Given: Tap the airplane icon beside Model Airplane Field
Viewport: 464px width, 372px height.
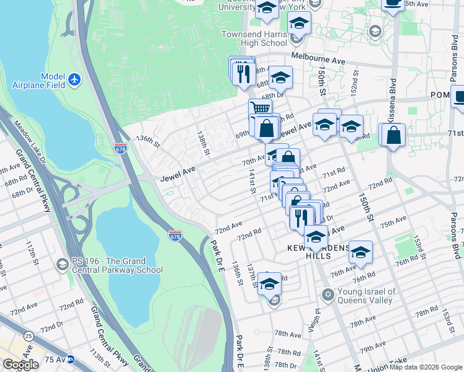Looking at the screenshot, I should coord(74,80).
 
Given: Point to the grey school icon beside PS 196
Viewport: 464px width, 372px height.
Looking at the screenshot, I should coord(61,265).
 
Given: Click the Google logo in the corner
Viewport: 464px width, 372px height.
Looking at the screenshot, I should coord(20,365).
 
